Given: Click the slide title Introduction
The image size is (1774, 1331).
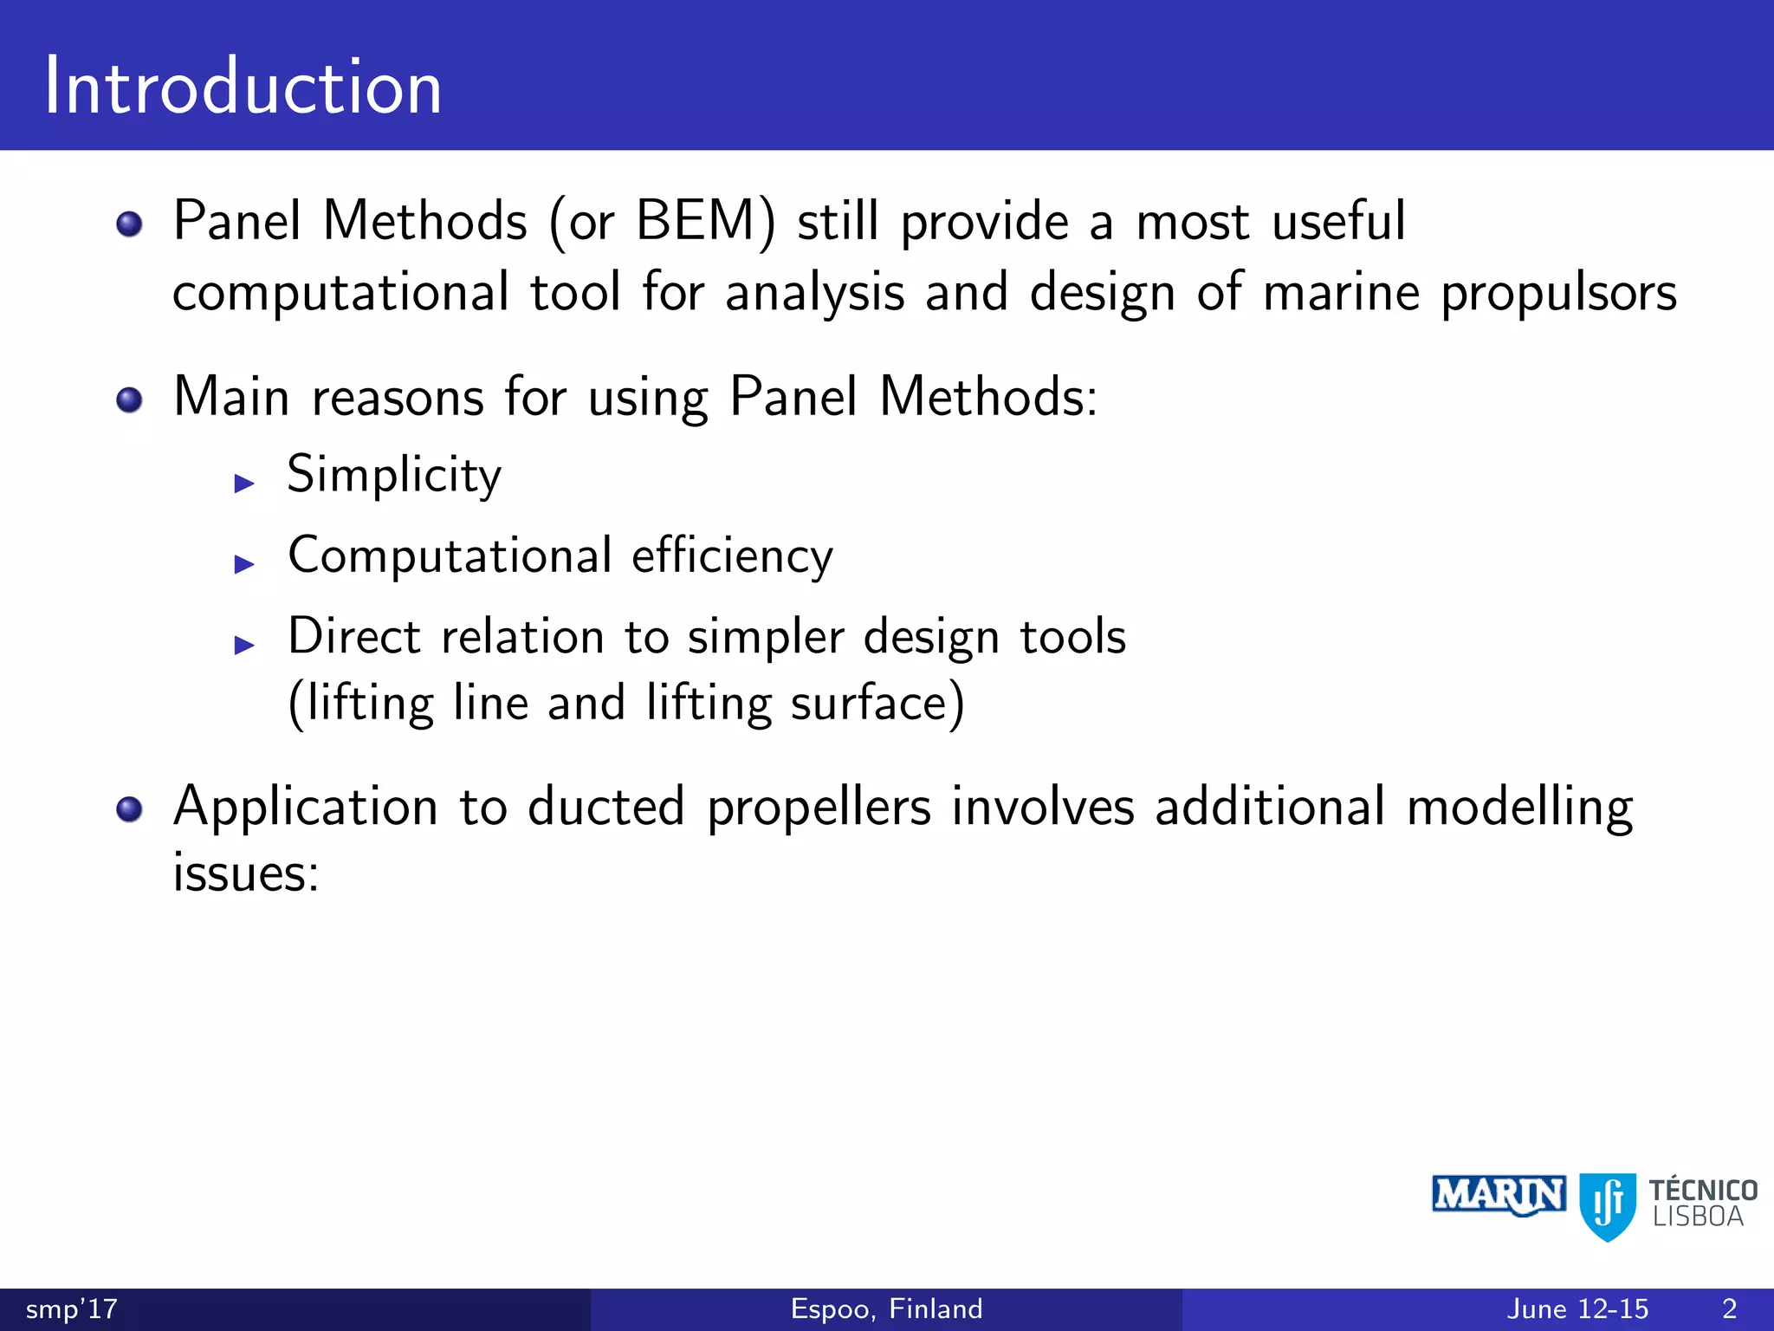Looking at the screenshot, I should point(243,87).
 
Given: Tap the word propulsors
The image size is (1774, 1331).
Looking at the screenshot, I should point(1558,295).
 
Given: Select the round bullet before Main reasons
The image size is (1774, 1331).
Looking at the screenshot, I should point(129,400).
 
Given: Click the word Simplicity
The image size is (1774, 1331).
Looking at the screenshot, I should point(394,475).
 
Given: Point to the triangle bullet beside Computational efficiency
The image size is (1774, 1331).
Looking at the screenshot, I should point(244,564).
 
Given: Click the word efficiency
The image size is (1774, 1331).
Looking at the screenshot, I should point(732,555).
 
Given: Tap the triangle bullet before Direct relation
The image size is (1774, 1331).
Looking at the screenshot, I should point(244,645).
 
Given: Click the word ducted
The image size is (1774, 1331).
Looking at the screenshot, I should point(606,808).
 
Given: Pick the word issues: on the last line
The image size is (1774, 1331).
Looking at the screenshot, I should point(246,873).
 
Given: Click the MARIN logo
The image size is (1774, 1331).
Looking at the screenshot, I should point(1499,1196).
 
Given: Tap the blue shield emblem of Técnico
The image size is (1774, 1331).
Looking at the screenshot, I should point(1608,1204).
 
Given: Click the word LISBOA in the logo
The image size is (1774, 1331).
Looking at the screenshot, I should point(1698,1217).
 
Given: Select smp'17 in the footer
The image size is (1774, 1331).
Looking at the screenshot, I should point(71,1308).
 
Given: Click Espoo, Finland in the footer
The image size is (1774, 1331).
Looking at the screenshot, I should point(886,1308).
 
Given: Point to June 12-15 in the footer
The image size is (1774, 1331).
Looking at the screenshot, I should point(1577,1308).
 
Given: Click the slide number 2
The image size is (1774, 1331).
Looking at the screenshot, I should point(1729,1308).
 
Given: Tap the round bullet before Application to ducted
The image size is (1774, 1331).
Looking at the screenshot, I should point(129,810).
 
